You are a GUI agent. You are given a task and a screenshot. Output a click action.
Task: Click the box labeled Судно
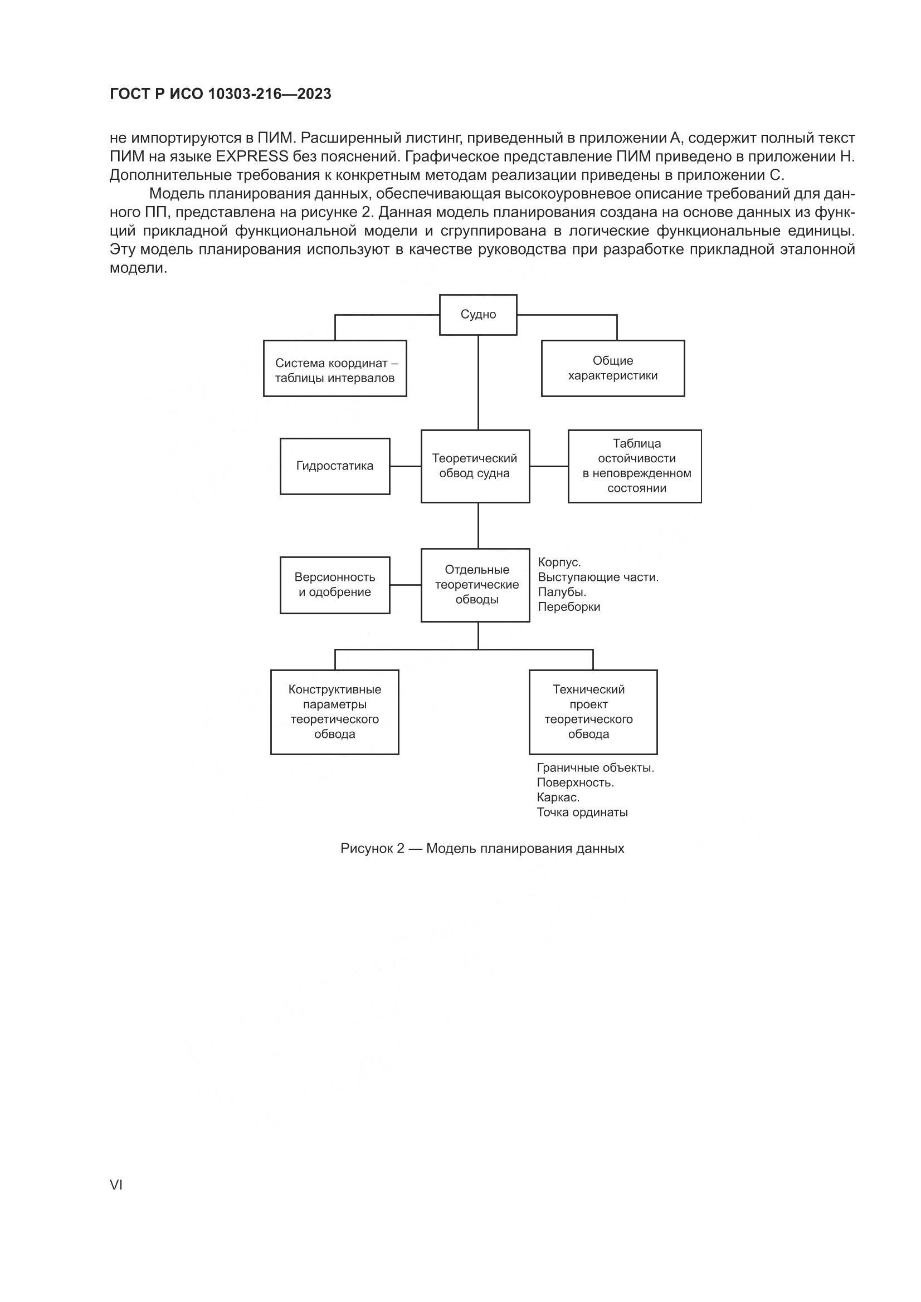click(x=478, y=315)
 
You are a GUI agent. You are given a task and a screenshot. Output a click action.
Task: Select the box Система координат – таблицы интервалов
click(x=335, y=369)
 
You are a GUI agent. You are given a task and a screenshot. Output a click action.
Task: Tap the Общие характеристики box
click(x=612, y=368)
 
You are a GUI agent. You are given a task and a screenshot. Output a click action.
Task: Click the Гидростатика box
click(x=335, y=466)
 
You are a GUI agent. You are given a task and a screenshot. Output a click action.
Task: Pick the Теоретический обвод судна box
click(x=475, y=466)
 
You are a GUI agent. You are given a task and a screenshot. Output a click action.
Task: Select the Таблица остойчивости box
click(x=635, y=466)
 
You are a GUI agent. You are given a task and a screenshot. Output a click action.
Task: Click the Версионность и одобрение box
click(x=335, y=585)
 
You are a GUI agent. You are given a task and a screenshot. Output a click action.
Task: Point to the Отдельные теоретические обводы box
click(x=475, y=585)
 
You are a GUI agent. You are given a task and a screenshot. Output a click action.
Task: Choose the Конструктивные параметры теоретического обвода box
click(x=334, y=712)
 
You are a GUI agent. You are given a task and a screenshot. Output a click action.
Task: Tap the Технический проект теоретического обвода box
click(x=593, y=712)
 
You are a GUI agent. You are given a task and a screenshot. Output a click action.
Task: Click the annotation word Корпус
click(x=559, y=562)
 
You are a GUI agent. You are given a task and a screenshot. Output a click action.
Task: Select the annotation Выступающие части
click(x=597, y=577)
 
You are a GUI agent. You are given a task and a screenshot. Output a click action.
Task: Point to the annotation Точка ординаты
click(x=582, y=812)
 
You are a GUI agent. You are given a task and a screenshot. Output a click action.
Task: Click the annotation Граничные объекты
click(x=595, y=768)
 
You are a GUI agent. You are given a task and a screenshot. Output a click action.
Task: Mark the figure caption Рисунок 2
click(x=482, y=848)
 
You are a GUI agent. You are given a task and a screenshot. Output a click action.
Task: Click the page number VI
click(x=116, y=1184)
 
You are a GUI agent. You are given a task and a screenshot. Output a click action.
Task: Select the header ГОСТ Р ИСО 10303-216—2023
click(x=220, y=94)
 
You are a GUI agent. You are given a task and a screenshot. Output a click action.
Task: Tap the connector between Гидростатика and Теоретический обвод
click(x=405, y=466)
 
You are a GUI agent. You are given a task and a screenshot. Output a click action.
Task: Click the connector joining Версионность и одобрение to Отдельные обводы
click(x=405, y=585)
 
